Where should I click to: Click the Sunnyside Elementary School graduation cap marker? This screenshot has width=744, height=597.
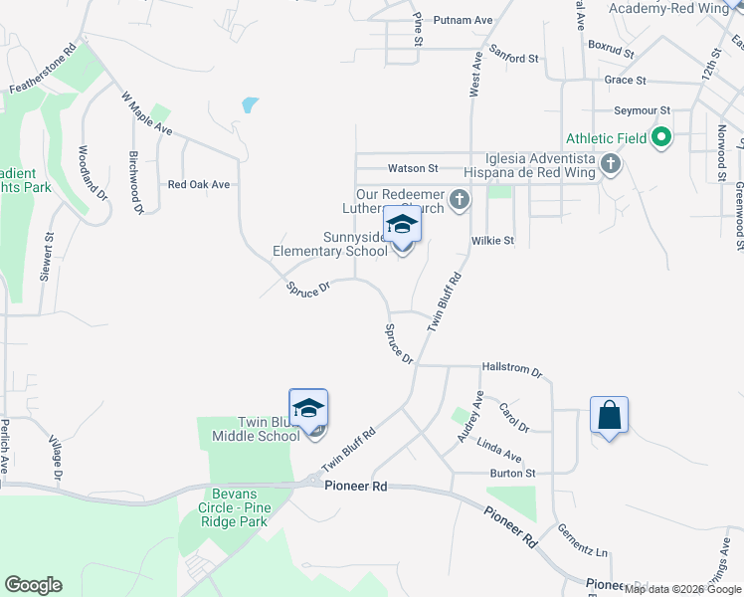pyautogui.click(x=402, y=225)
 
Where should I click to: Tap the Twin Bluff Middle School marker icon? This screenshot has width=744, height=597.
pyautogui.click(x=308, y=409)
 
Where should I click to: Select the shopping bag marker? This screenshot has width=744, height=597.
pyautogui.click(x=609, y=415)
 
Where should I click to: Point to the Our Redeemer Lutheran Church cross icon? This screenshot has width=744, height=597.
pyautogui.click(x=460, y=200)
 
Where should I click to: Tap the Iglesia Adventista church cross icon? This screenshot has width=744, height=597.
pyautogui.click(x=611, y=164)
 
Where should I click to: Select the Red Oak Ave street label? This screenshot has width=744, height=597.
pyautogui.click(x=199, y=184)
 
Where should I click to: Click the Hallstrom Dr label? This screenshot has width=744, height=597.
pyautogui.click(x=511, y=369)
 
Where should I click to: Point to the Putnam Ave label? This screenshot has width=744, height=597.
pyautogui.click(x=468, y=20)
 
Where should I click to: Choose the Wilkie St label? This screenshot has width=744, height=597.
pyautogui.click(x=492, y=241)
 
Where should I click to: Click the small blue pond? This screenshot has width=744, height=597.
pyautogui.click(x=250, y=104)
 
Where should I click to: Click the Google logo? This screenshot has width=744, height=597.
pyautogui.click(x=33, y=585)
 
